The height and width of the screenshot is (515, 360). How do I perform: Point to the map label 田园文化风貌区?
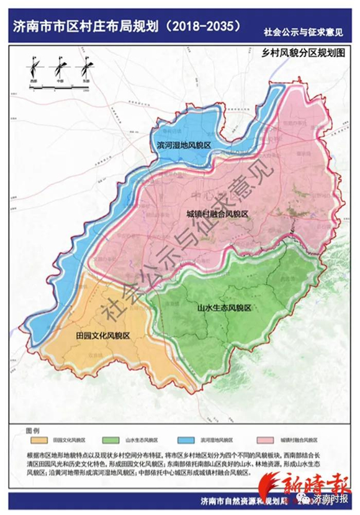pos(102,335)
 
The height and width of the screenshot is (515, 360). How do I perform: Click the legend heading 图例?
pos(32,429)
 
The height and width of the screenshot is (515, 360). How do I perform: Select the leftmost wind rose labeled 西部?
pos(34,65)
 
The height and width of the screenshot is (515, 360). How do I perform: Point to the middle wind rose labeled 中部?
pos(60,65)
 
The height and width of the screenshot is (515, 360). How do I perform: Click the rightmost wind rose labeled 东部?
pos(86,65)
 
